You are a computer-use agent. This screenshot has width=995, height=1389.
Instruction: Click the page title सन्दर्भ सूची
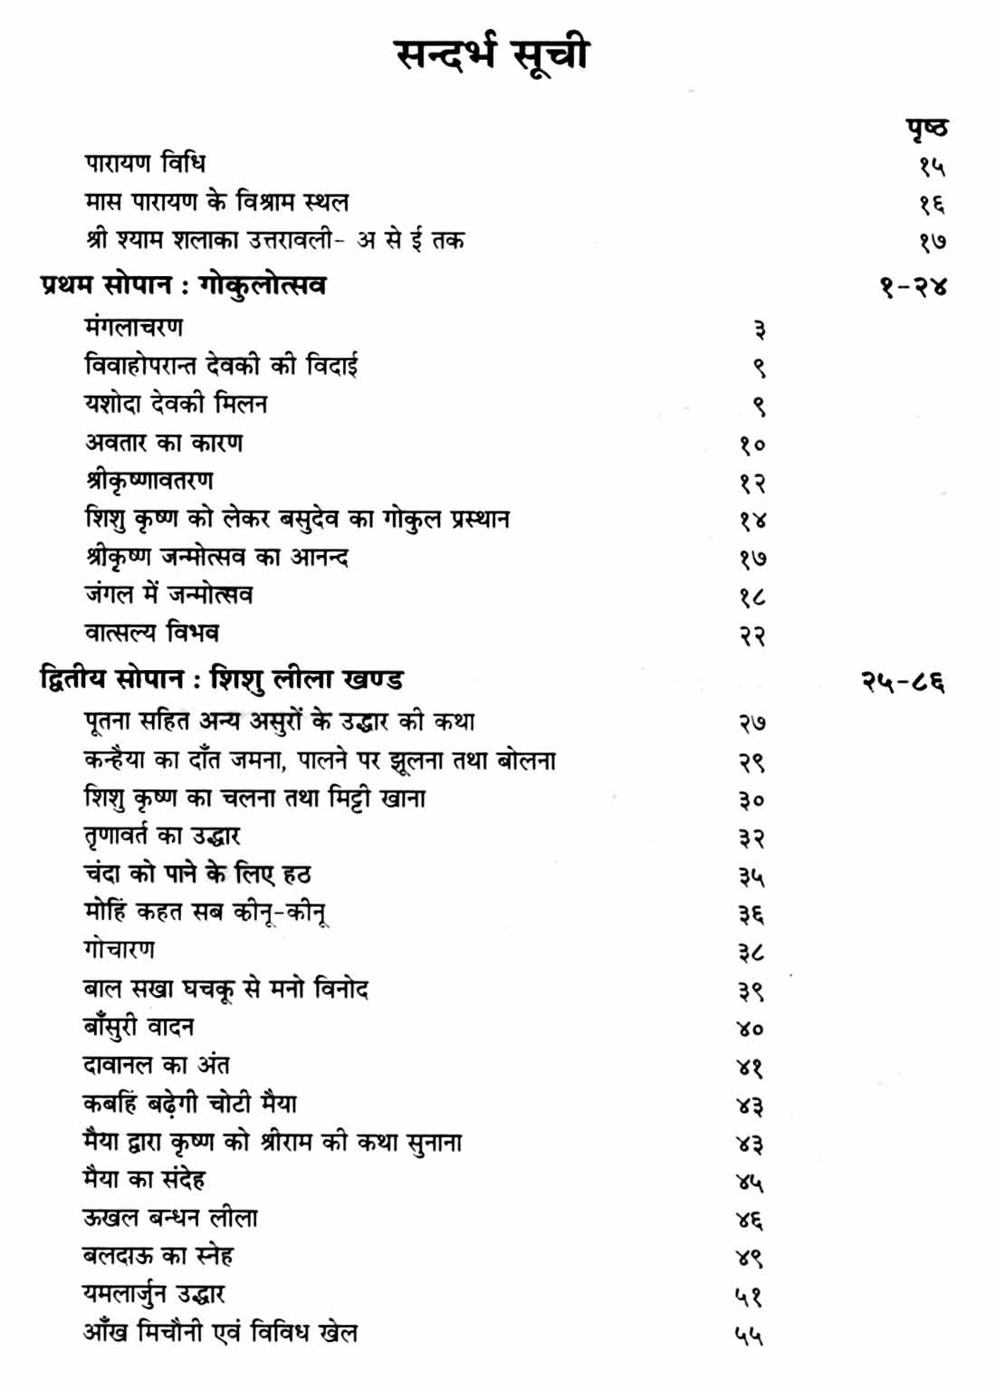493,54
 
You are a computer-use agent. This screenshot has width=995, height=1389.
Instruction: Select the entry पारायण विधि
145,163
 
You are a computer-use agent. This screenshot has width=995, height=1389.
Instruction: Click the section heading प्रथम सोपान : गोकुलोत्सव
183,285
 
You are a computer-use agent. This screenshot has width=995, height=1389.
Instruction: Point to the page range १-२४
913,287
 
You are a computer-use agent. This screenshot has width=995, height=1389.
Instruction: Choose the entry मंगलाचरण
133,327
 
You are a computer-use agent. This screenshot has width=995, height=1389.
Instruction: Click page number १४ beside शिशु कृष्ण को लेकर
751,521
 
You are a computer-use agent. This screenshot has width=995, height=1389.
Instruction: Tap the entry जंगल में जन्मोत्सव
168,595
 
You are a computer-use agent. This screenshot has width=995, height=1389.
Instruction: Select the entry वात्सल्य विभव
151,633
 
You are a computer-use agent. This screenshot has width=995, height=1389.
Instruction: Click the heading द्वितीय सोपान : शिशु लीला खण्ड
222,679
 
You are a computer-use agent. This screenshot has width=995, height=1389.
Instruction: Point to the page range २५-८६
903,681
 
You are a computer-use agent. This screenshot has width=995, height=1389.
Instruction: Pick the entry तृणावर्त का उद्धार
161,836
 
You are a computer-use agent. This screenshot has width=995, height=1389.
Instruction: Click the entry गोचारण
119,950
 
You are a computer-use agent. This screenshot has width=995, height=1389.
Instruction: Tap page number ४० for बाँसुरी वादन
750,1029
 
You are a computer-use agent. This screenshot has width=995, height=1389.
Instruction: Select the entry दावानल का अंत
156,1065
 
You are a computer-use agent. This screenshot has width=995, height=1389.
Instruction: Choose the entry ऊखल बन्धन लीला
169,1218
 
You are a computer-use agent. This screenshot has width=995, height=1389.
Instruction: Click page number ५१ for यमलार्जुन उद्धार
749,1297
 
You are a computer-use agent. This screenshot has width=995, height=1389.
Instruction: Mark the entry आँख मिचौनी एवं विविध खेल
220,1333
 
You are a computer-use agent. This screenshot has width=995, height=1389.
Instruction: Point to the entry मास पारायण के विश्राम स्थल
216,201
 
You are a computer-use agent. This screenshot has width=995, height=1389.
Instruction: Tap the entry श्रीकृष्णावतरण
149,481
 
